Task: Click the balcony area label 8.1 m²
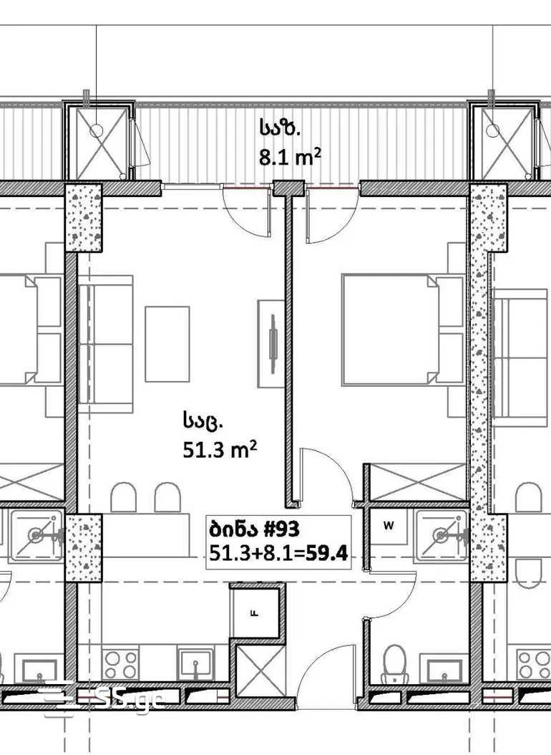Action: tap(290, 157)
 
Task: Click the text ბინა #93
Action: tap(254, 529)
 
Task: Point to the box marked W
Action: tap(389, 526)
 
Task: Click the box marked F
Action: tap(255, 613)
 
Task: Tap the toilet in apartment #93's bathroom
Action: tap(395, 665)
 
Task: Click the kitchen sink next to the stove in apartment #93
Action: tap(195, 664)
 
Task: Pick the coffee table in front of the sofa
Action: tap(167, 344)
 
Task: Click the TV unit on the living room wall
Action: tap(271, 344)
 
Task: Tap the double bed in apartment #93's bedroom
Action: tap(403, 330)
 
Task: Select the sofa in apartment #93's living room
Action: tap(105, 344)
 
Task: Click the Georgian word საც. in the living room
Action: tap(202, 420)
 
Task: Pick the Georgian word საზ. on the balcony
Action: tap(281, 128)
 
